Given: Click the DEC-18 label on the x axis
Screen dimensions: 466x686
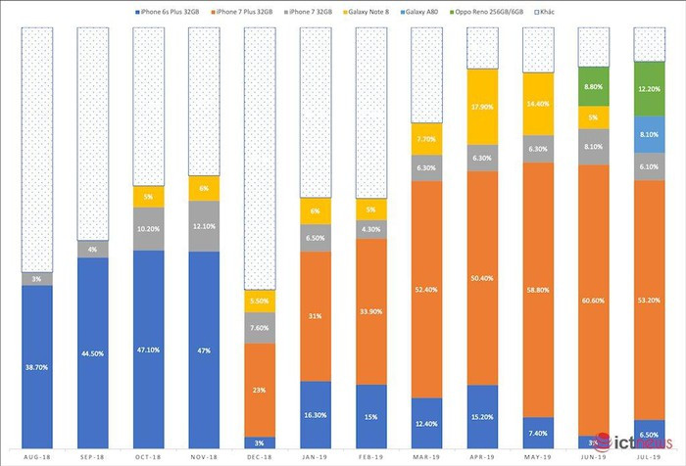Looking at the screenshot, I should pos(259,456).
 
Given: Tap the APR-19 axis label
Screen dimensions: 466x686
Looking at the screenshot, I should pos(483,456).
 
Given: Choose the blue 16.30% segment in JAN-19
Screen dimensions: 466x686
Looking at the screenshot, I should pos(315,413).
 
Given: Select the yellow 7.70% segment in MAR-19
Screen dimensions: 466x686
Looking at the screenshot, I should pos(427,139).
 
